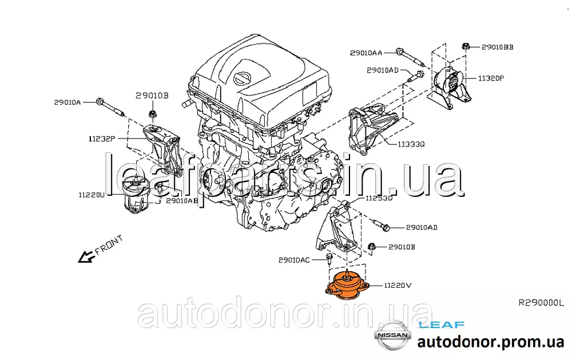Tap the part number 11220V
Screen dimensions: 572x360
[398, 285]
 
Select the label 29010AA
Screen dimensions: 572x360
[366, 53]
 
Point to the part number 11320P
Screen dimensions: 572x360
[491, 78]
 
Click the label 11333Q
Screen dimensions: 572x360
[411, 144]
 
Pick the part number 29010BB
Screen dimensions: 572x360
[498, 47]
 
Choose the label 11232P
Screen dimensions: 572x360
[102, 139]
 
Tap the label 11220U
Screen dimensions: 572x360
[92, 195]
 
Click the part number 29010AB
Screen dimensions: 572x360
[182, 200]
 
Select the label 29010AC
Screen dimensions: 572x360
[294, 260]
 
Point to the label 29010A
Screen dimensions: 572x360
[67, 102]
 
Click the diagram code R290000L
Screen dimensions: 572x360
[541, 303]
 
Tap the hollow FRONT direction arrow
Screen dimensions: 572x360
[86, 257]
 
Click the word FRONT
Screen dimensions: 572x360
[109, 245]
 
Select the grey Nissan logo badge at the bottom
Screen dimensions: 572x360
[392, 335]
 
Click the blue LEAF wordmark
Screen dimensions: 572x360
[442, 325]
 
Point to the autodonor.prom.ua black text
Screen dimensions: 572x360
[491, 342]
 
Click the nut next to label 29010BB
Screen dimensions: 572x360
[466, 46]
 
